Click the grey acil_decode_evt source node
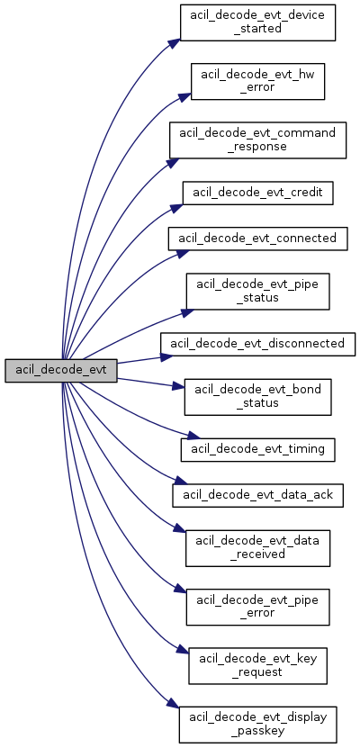click(x=61, y=371)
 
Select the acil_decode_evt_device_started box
click(x=257, y=22)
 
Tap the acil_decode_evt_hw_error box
click(x=257, y=81)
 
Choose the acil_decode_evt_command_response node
click(x=257, y=140)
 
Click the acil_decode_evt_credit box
click(x=257, y=193)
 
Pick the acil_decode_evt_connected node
click(x=257, y=238)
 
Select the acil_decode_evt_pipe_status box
click(x=257, y=291)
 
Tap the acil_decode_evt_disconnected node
click(x=257, y=344)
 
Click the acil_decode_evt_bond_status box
click(x=257, y=396)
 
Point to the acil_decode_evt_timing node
click(x=257, y=449)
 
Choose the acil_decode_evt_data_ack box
click(x=257, y=496)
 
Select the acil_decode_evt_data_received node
click(x=257, y=547)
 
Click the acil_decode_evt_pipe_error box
click(x=257, y=607)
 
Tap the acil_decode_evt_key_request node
click(x=257, y=665)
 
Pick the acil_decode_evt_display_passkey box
click(x=257, y=725)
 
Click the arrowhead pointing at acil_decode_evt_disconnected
click(x=166, y=356)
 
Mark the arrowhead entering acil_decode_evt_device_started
click(x=175, y=42)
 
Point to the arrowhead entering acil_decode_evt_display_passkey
click(x=174, y=704)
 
